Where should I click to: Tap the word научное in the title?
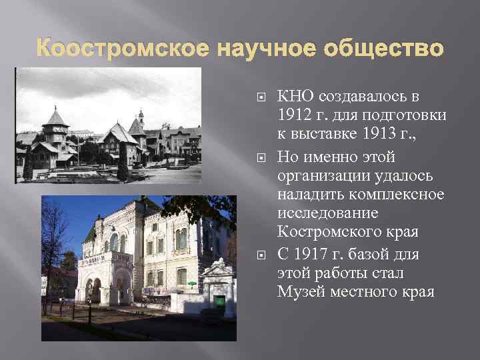247,49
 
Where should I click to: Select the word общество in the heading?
377,49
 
